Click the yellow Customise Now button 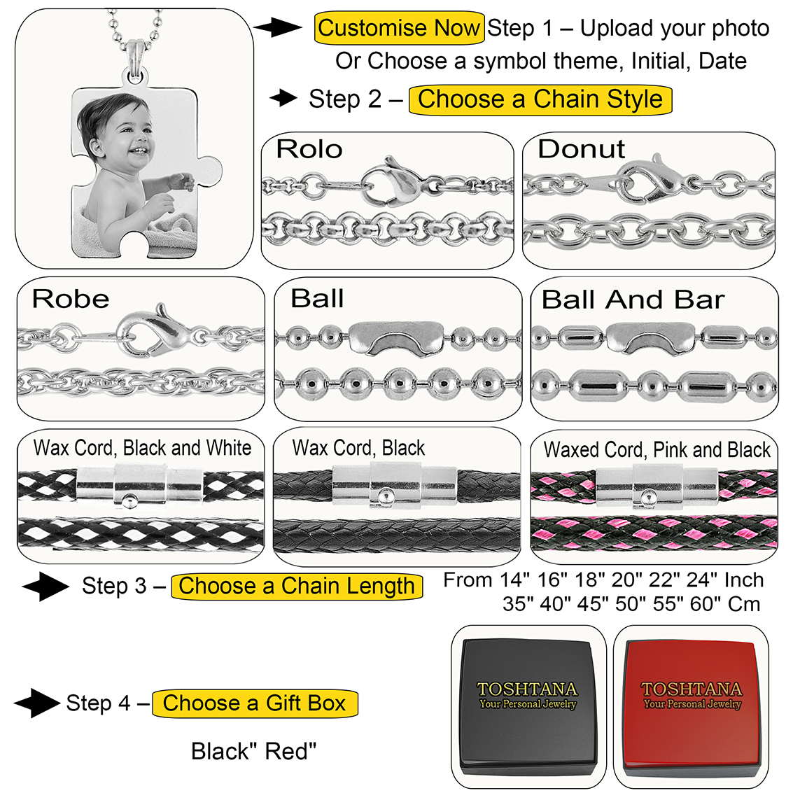click(x=399, y=29)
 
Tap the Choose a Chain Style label click(x=540, y=99)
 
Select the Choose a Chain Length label click(x=297, y=586)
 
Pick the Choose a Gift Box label click(x=255, y=703)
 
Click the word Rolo click(x=309, y=149)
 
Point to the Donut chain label click(x=581, y=149)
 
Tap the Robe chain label click(x=71, y=300)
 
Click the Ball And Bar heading click(x=633, y=300)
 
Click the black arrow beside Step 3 click(x=45, y=587)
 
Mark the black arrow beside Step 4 click(x=36, y=703)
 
